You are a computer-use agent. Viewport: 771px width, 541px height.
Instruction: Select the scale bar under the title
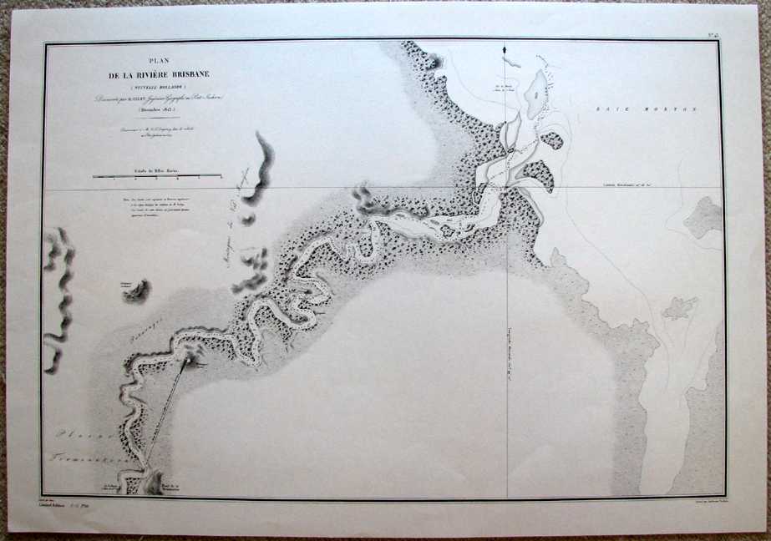pyautogui.click(x=156, y=177)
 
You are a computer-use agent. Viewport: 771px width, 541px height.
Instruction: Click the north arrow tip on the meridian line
pyautogui.click(x=505, y=51)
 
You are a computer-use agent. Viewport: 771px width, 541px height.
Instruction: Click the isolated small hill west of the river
pyautogui.click(x=135, y=291)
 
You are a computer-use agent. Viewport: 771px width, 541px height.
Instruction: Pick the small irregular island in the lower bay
pyautogui.click(x=678, y=309)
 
